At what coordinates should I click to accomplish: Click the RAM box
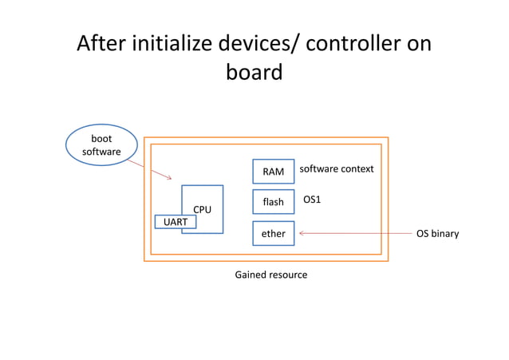pyautogui.click(x=273, y=172)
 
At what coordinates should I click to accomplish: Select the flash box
pyautogui.click(x=273, y=202)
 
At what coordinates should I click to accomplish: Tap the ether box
pyautogui.click(x=273, y=233)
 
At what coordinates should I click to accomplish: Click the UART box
pyautogui.click(x=175, y=222)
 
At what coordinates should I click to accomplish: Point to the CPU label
pyautogui.click(x=203, y=209)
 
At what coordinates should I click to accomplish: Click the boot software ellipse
pyautogui.click(x=101, y=144)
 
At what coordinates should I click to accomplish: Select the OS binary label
pyautogui.click(x=437, y=234)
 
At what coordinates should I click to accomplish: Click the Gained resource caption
pyautogui.click(x=270, y=275)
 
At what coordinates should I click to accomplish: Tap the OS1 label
pyautogui.click(x=312, y=199)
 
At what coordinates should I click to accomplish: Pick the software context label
pyautogui.click(x=336, y=169)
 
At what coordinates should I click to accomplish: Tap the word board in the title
pyautogui.click(x=254, y=73)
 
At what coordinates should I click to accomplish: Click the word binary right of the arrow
pyautogui.click(x=444, y=234)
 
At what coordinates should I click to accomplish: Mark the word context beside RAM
pyautogui.click(x=355, y=169)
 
